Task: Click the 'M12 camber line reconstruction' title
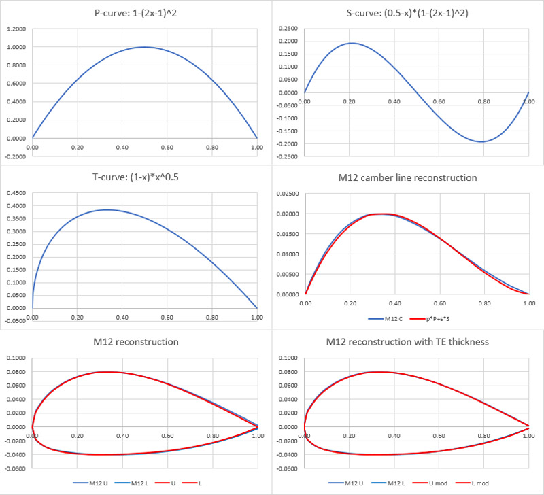point(408,177)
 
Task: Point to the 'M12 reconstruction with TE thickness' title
point(408,341)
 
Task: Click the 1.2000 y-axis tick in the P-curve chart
point(16,29)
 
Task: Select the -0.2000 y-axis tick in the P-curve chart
point(16,156)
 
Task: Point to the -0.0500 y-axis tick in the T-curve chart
point(16,320)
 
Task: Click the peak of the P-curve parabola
point(144,47)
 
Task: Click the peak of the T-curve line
point(107,209)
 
